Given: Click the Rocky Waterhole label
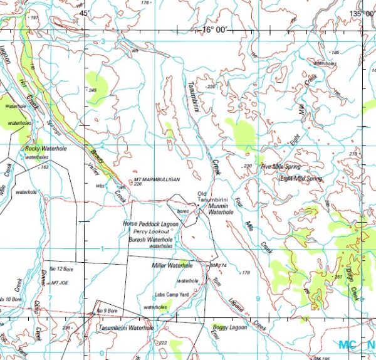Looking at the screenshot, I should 46,149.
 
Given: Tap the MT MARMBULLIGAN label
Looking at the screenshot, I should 157,179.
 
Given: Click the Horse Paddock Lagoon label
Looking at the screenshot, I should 150,224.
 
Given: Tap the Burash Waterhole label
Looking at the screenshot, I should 150,240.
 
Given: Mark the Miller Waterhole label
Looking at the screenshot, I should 172,266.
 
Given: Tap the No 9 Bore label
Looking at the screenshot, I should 107,310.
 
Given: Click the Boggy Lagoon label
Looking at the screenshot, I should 229,327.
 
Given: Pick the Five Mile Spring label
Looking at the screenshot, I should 281,167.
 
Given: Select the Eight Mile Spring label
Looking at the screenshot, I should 301,179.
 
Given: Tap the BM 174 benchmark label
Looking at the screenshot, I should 217,266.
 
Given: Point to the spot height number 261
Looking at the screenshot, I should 338,277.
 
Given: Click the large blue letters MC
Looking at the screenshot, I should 348,344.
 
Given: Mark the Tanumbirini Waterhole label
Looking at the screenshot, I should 125,328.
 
